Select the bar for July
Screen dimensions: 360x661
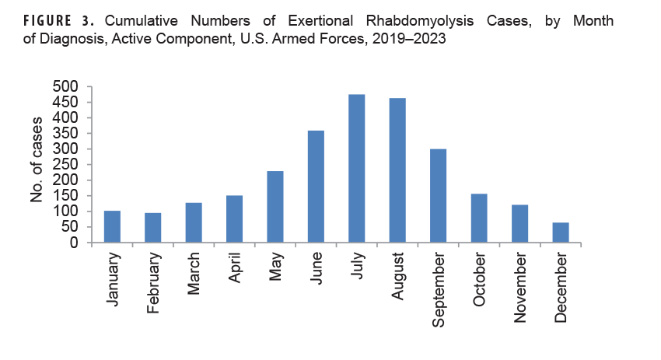coord(357,168)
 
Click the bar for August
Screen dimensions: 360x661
coord(397,170)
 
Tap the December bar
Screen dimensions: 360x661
coord(561,232)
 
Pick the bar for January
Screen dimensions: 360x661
coord(112,226)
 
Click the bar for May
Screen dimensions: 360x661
coord(275,207)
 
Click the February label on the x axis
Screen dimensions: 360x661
coord(153,281)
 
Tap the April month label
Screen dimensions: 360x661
coord(235,271)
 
